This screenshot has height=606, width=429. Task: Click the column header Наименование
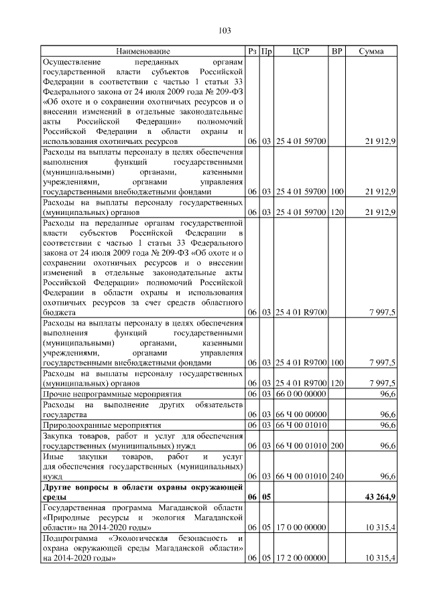click(143, 51)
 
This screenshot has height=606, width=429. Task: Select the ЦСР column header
click(301, 51)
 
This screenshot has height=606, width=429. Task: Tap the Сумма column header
click(371, 51)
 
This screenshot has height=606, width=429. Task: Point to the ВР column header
click(337, 51)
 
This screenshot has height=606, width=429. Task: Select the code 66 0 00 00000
click(301, 394)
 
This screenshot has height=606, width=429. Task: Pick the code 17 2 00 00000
click(301, 558)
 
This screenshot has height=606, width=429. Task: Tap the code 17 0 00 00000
click(301, 528)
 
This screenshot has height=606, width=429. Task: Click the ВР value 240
click(337, 476)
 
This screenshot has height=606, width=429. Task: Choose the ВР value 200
click(337, 445)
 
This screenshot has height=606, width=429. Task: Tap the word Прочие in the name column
click(57, 394)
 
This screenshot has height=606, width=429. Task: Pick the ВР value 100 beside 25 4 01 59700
click(337, 192)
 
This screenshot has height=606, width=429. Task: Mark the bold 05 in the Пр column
click(266, 498)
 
